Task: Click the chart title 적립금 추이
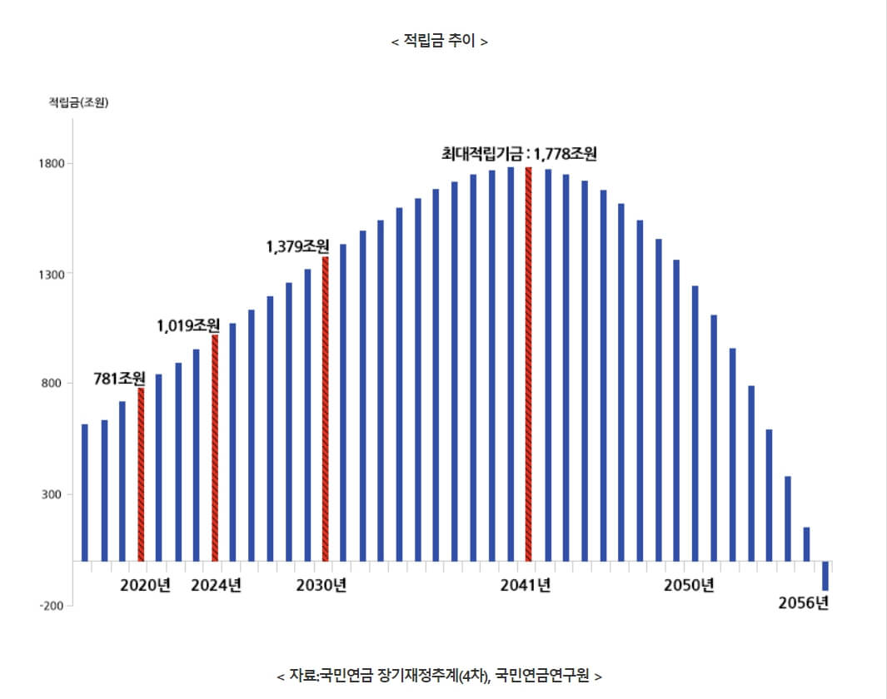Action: click(x=439, y=41)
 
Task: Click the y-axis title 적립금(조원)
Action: click(x=79, y=102)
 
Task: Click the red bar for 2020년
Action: click(x=141, y=474)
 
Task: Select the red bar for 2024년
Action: click(x=215, y=448)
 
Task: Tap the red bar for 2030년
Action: click(x=326, y=408)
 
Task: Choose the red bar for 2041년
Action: click(x=529, y=364)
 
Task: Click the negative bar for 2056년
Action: click(x=825, y=576)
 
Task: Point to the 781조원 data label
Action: click(x=119, y=379)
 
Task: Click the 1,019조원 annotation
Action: click(x=188, y=325)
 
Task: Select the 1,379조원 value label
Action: click(x=297, y=246)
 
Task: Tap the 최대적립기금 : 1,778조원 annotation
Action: click(x=519, y=153)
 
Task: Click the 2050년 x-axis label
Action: click(x=689, y=585)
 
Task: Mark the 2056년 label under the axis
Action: click(x=803, y=604)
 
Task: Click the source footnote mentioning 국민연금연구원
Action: click(x=439, y=675)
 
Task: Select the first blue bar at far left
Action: click(x=85, y=492)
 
